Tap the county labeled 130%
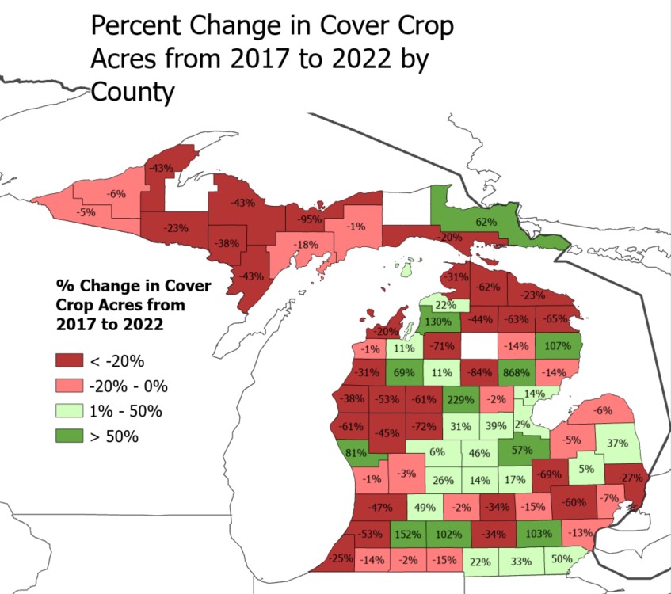coord(438,322)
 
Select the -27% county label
coord(631,478)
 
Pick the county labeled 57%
coord(520,450)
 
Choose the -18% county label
coord(304,245)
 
